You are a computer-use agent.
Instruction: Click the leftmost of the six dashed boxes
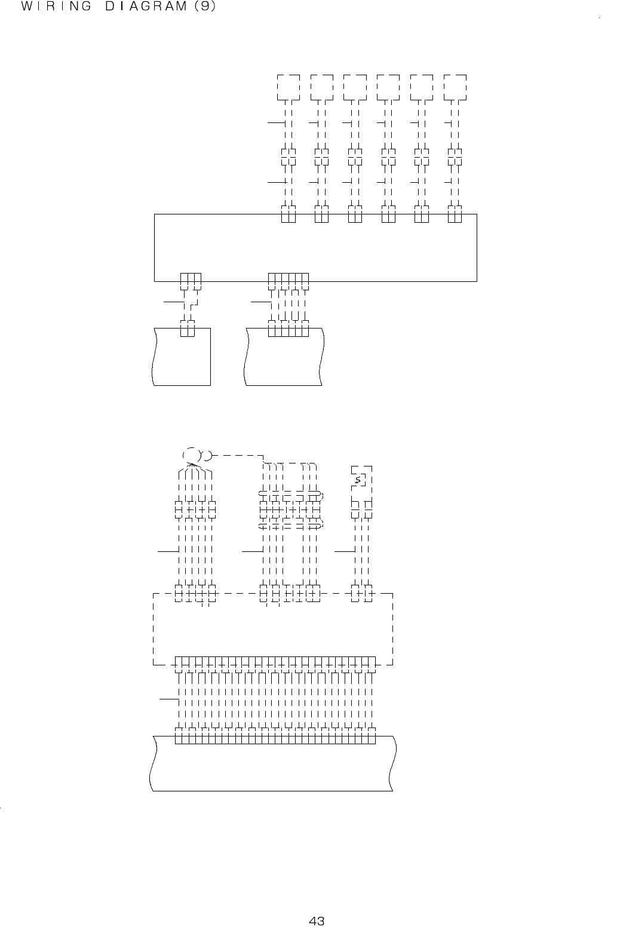point(288,88)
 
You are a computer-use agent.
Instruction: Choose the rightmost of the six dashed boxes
point(455,88)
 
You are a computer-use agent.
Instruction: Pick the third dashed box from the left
point(355,88)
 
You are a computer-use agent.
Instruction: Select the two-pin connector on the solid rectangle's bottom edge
point(191,280)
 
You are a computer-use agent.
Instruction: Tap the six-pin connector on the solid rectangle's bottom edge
point(288,280)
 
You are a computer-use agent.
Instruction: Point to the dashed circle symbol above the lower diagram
point(191,456)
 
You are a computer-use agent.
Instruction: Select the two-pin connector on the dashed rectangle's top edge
point(362,594)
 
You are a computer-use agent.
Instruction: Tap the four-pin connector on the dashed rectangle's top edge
point(195,594)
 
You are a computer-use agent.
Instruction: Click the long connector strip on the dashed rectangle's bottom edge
point(275,663)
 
